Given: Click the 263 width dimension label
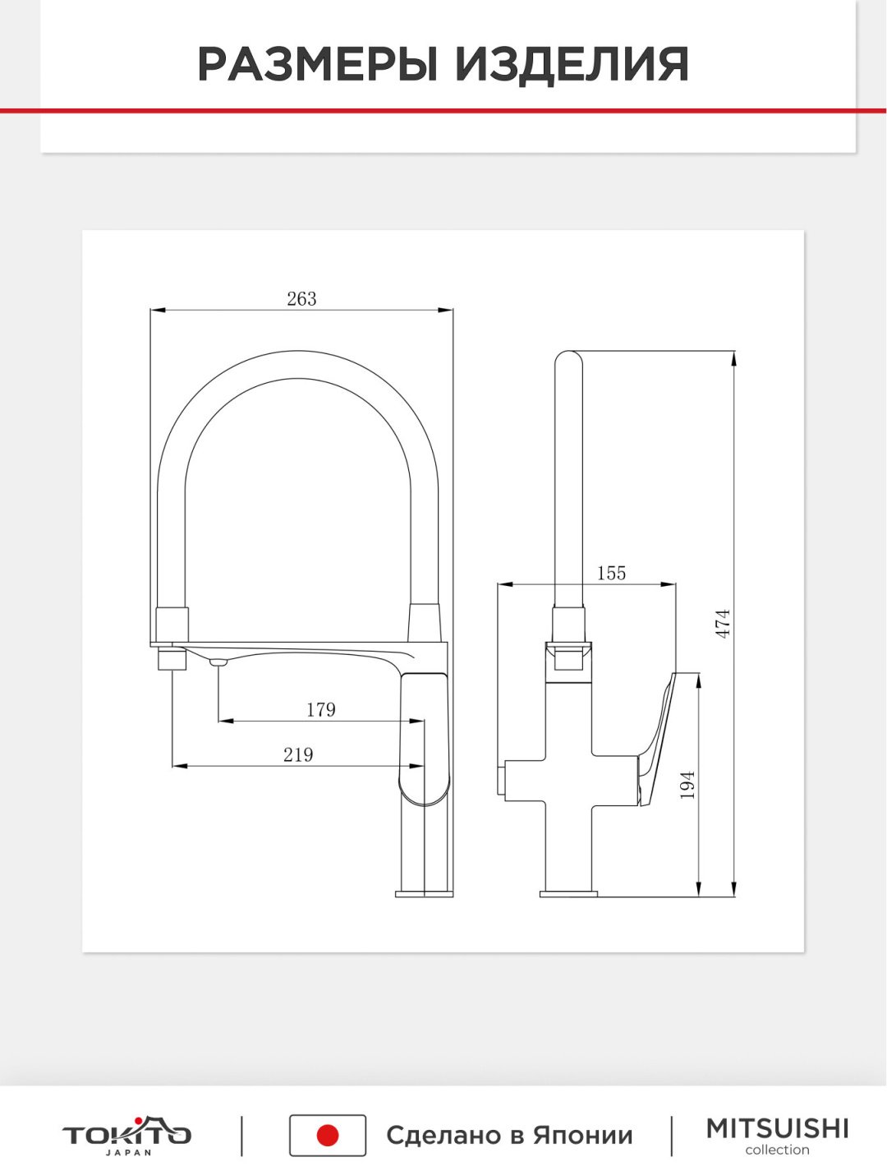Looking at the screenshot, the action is [301, 299].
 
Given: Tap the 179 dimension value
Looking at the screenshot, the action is [321, 709].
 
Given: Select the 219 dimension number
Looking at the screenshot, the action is [298, 755].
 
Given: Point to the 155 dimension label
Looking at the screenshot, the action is [611, 573].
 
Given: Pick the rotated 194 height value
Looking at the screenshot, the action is [687, 785].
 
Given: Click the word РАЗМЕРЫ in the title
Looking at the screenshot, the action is [318, 64].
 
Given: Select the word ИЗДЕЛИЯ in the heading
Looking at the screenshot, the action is [572, 64].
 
